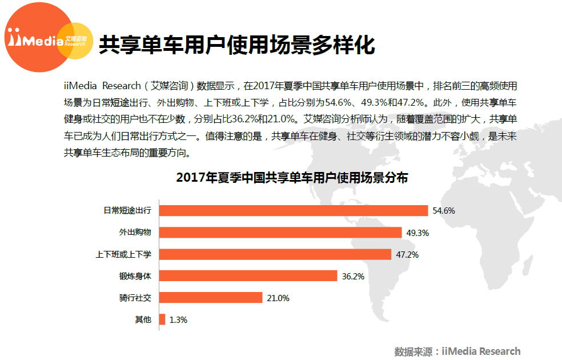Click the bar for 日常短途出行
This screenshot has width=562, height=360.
pos(293,211)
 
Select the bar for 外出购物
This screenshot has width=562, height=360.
pos(280,233)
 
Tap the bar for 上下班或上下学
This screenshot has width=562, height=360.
pos(275,254)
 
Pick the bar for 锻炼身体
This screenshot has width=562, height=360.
pos(248,276)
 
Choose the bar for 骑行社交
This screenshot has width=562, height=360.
pos(210,298)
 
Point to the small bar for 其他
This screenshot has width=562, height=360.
pos(162,319)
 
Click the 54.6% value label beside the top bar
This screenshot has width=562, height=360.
pos(444,211)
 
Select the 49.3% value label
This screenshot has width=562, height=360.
pos(418,233)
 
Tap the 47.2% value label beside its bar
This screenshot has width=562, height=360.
pos(407,255)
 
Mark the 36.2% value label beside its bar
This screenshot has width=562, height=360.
pos(353,277)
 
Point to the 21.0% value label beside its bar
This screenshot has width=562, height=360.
pos(278,298)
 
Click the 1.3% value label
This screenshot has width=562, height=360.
pos(179,320)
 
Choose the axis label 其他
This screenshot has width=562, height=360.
pos(143,319)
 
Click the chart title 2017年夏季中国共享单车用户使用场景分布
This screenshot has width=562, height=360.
pos(292,178)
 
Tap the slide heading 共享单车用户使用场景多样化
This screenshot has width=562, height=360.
pos(237,45)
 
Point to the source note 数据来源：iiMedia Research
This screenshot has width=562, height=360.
pos(457,351)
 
